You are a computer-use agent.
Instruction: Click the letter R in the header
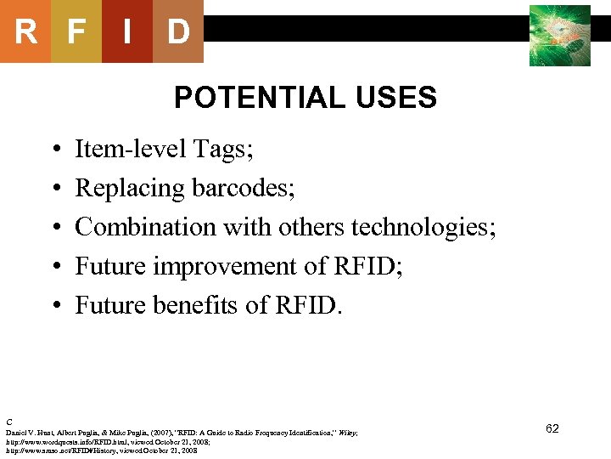(x=25, y=32)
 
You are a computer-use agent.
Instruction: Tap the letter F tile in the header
(x=76, y=32)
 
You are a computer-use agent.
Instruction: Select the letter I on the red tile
(x=126, y=32)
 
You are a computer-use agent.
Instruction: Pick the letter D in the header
(x=177, y=32)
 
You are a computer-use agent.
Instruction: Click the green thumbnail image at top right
(x=559, y=36)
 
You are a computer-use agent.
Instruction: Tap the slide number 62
(x=552, y=428)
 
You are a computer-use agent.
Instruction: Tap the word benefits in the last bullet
(x=200, y=305)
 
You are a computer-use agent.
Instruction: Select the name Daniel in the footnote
(x=17, y=433)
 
